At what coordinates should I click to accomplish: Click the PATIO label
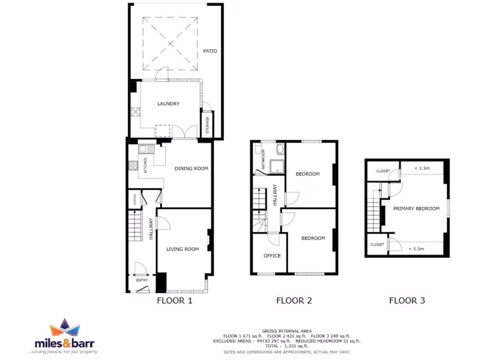210,51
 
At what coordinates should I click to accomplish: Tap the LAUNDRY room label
168,104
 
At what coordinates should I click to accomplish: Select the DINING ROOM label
191,168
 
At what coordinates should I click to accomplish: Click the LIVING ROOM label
182,249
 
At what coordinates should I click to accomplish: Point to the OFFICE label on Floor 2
272,255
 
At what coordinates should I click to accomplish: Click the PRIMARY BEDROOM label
416,209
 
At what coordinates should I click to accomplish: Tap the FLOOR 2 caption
294,301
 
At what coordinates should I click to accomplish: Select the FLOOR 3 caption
407,301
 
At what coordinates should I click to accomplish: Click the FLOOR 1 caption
174,301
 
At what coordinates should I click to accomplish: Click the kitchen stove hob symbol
132,165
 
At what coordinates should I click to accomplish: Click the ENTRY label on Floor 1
142,280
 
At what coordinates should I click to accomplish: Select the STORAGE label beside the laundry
207,125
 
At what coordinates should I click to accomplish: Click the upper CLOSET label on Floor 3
383,171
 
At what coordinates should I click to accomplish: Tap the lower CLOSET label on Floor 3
377,245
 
